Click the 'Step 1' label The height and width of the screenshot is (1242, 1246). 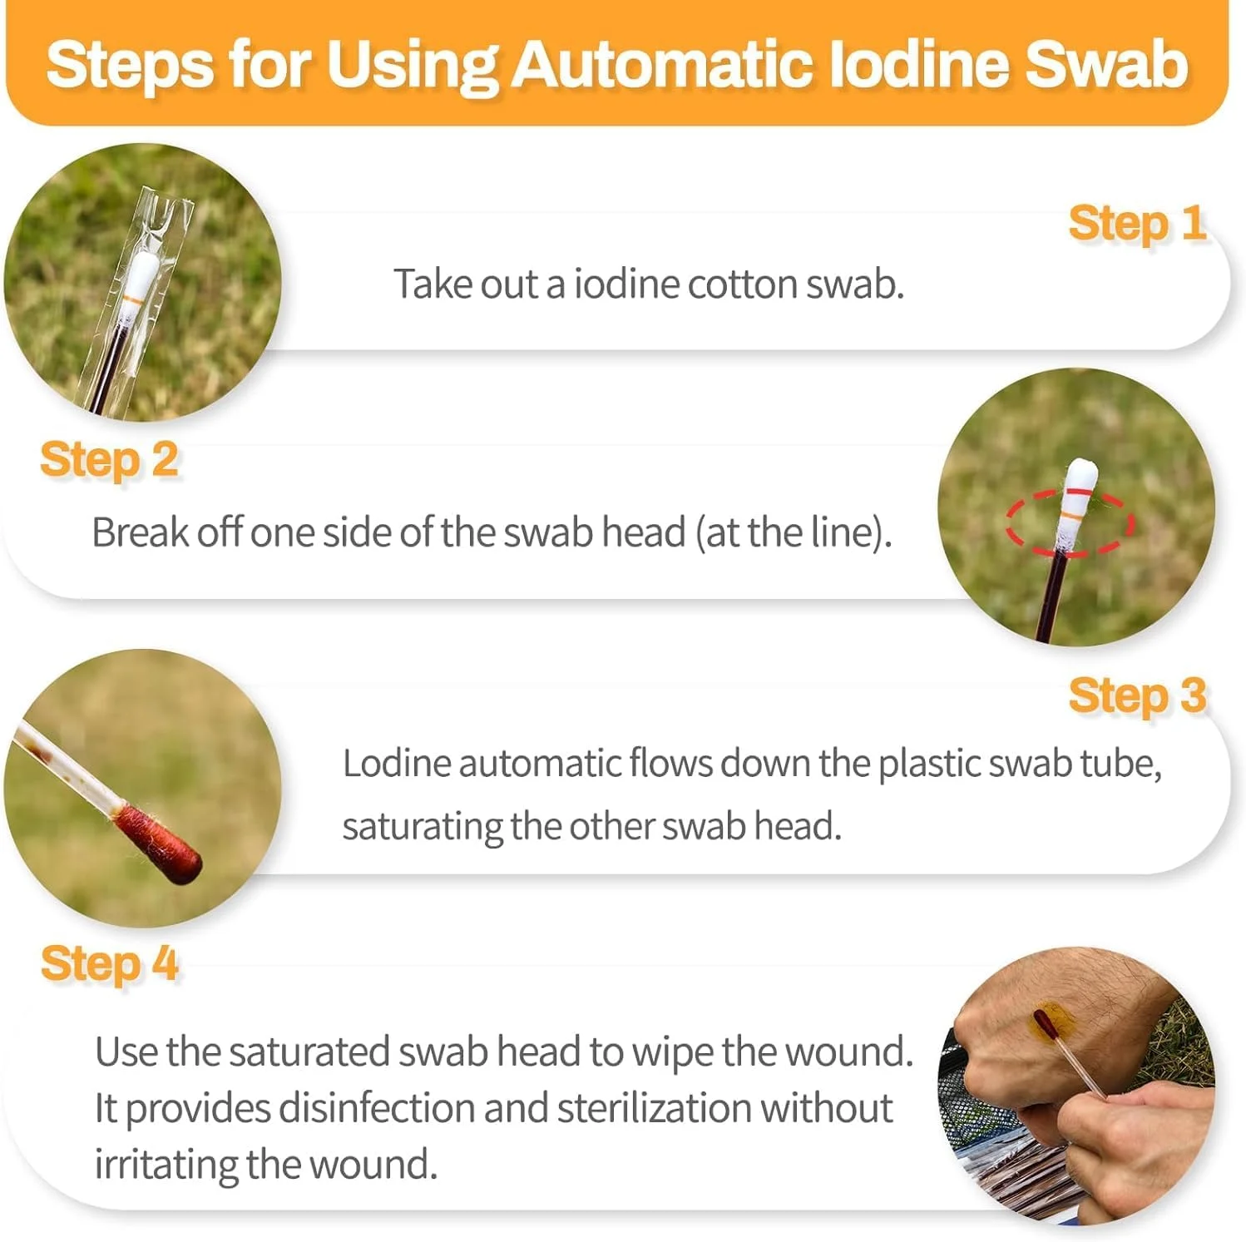point(1137,224)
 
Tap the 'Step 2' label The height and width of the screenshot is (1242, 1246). point(109,460)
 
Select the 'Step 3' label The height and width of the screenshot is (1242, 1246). point(1137,695)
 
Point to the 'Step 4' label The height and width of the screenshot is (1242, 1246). point(109,964)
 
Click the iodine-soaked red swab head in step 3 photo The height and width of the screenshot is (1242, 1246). point(158,844)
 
